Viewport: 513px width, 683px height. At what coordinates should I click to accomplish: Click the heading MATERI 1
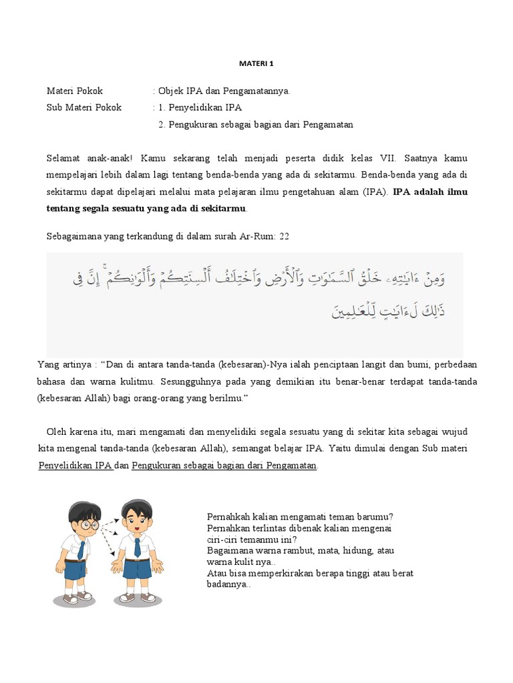(x=256, y=64)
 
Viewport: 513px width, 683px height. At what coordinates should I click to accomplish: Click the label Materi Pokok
(x=75, y=91)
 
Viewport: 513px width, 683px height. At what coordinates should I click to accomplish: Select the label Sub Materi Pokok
(x=84, y=107)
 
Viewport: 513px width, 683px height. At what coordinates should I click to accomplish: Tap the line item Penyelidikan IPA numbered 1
(x=204, y=107)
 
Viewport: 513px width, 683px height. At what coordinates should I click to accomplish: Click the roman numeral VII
(x=387, y=159)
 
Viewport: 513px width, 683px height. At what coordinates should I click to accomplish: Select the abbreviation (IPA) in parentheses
(x=373, y=192)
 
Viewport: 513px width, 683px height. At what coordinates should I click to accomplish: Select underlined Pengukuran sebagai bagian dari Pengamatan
(x=224, y=466)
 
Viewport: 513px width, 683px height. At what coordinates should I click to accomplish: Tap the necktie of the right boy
(x=137, y=547)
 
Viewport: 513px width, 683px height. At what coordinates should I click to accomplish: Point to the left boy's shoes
(x=75, y=596)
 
